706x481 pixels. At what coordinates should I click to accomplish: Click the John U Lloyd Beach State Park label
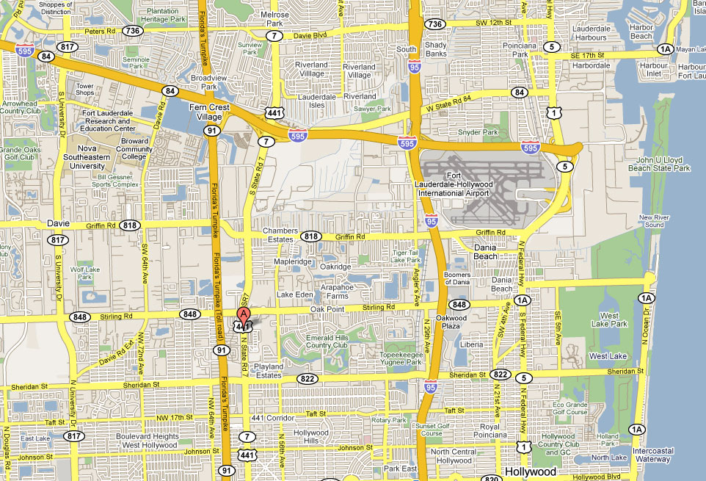click(x=663, y=164)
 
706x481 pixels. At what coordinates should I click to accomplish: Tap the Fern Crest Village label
click(x=210, y=112)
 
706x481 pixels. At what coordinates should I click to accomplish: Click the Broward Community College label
click(x=134, y=150)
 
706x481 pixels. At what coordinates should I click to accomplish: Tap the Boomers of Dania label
click(x=458, y=280)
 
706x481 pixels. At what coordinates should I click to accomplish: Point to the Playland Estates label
click(x=268, y=370)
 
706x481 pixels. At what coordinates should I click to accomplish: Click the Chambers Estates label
click(x=280, y=235)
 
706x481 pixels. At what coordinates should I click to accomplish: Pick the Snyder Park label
click(x=478, y=132)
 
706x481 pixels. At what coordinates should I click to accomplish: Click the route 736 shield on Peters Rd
click(x=132, y=30)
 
